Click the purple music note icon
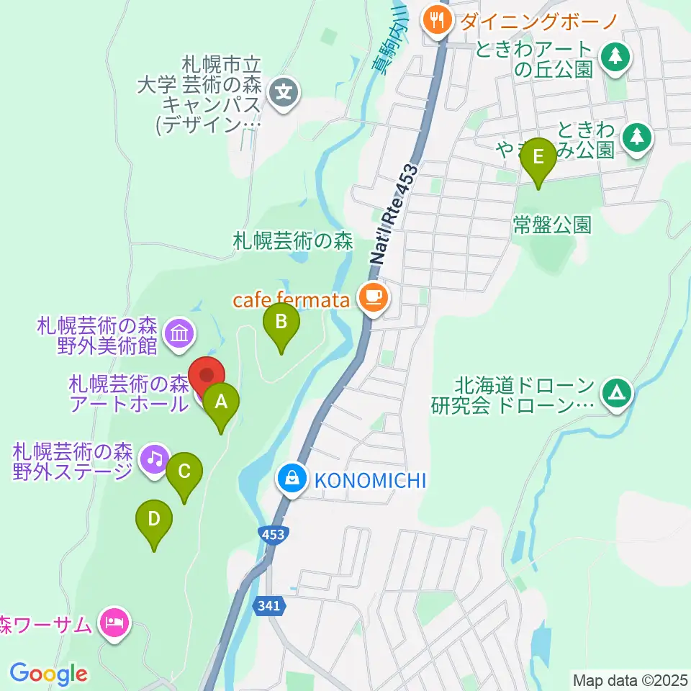point(154,459)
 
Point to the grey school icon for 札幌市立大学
point(284,94)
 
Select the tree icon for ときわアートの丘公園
point(615,57)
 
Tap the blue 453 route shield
point(273,534)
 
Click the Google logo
point(48,673)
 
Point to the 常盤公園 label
point(552,225)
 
